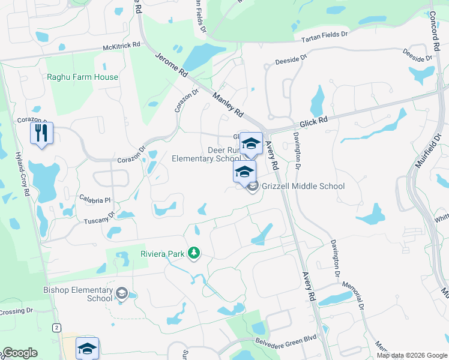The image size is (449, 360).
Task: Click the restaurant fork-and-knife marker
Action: point(41,133)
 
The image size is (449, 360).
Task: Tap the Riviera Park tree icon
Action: point(193,253)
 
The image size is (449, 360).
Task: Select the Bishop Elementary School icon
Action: point(122,293)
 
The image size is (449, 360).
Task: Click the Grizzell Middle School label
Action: point(303,186)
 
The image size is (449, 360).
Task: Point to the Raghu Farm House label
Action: point(83,77)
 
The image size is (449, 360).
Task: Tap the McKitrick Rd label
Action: point(121,45)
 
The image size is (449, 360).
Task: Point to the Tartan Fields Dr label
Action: point(324,35)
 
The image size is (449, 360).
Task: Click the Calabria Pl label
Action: point(95,199)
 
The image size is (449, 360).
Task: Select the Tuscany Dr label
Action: point(102,217)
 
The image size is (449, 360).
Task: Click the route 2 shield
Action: point(56,327)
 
